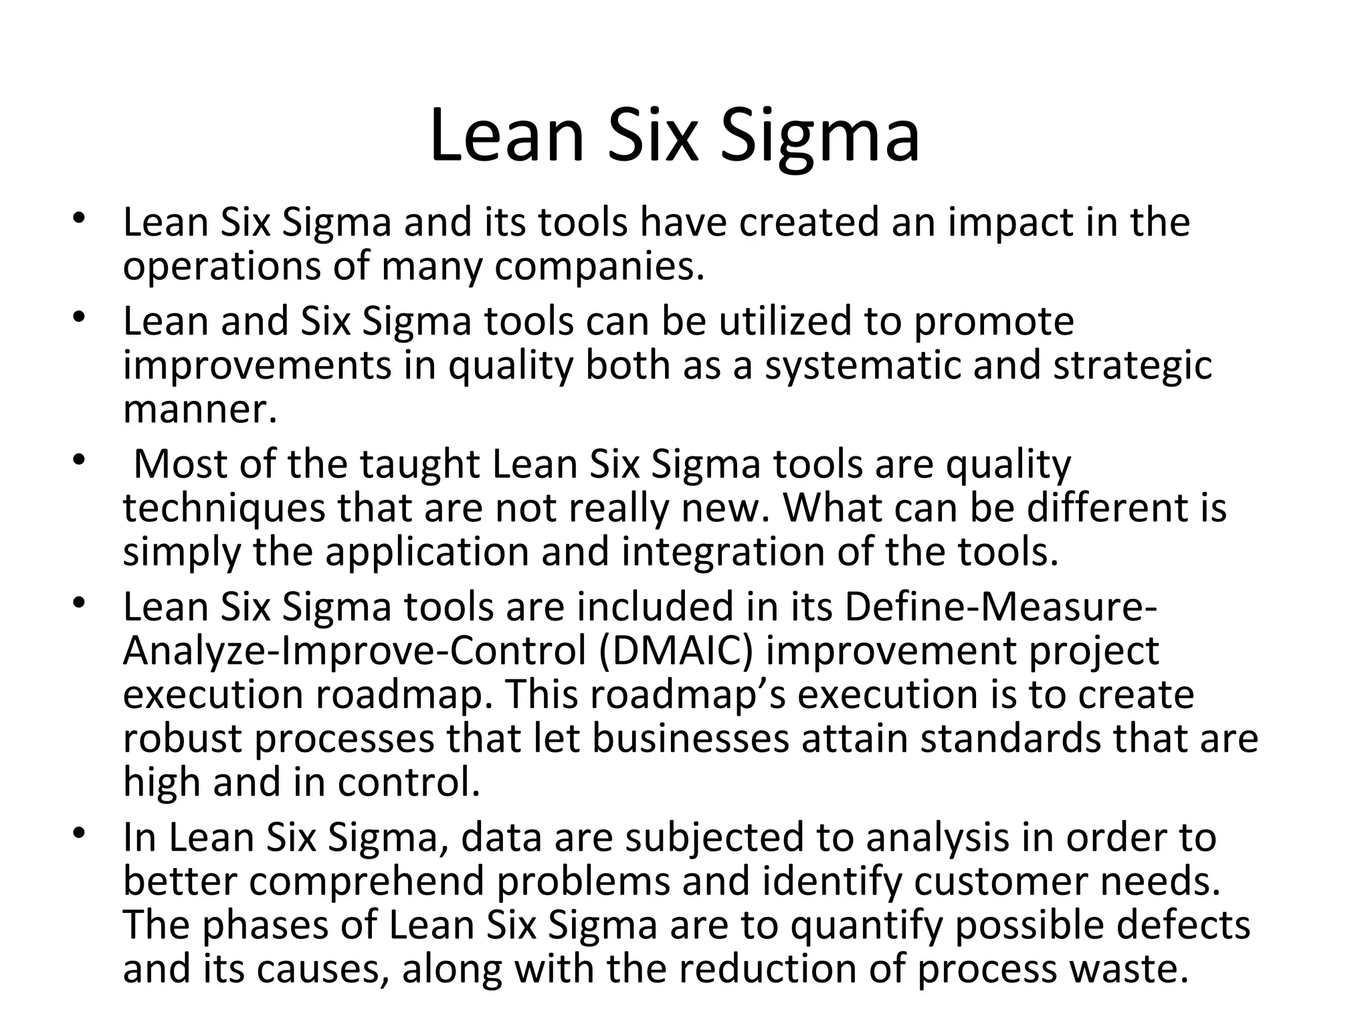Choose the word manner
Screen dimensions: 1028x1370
199,410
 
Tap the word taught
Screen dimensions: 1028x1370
420,464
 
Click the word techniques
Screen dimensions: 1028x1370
224,508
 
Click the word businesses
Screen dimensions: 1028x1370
690,739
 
